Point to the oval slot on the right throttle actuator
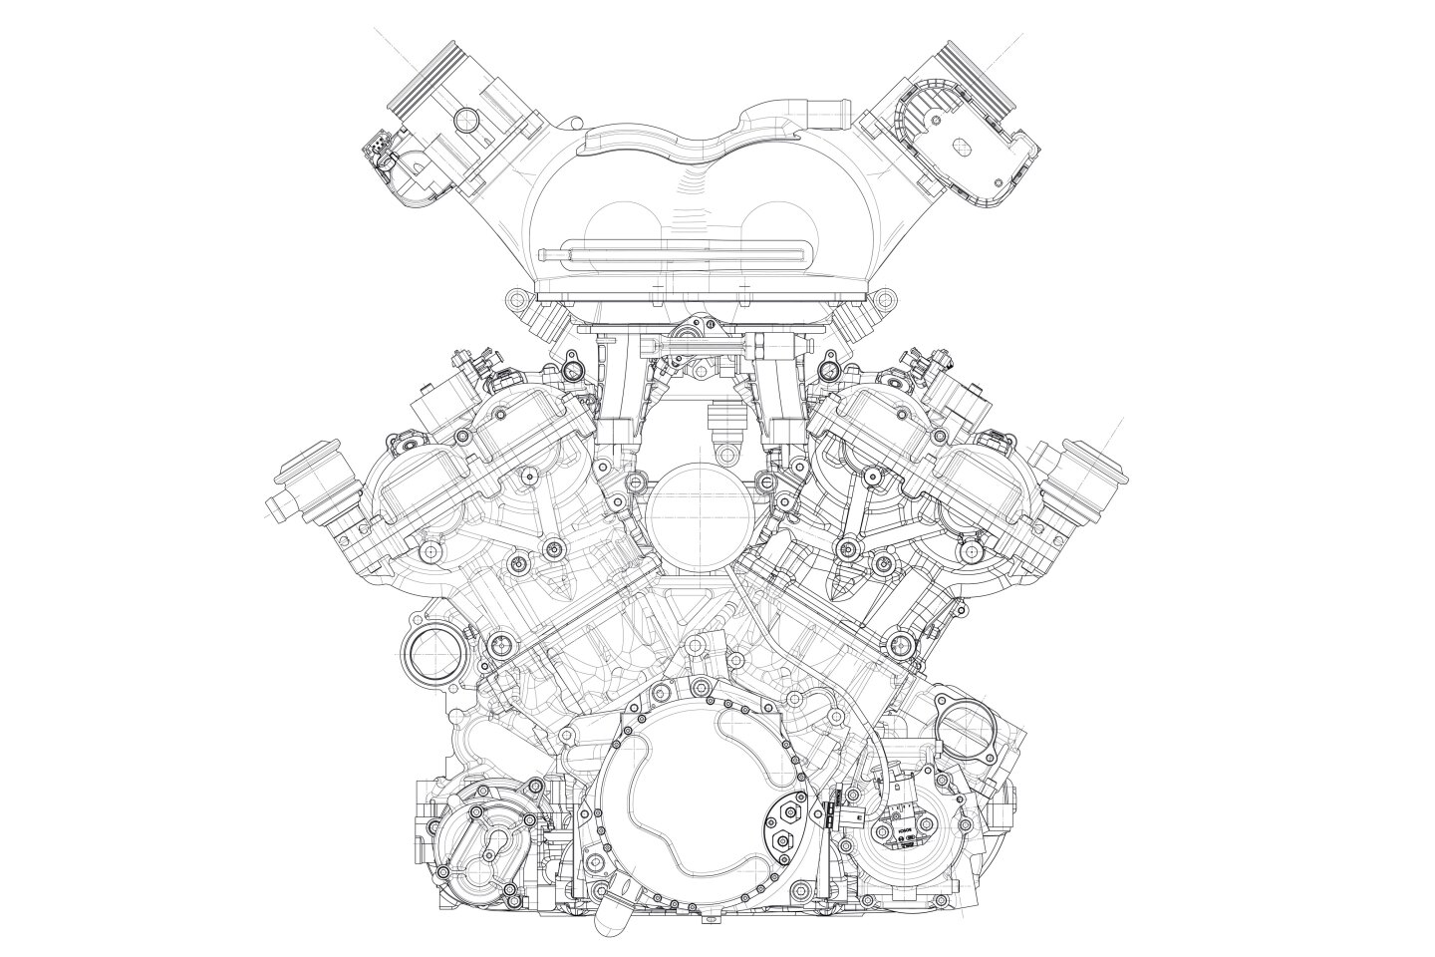click(962, 147)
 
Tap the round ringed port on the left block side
click(427, 656)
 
